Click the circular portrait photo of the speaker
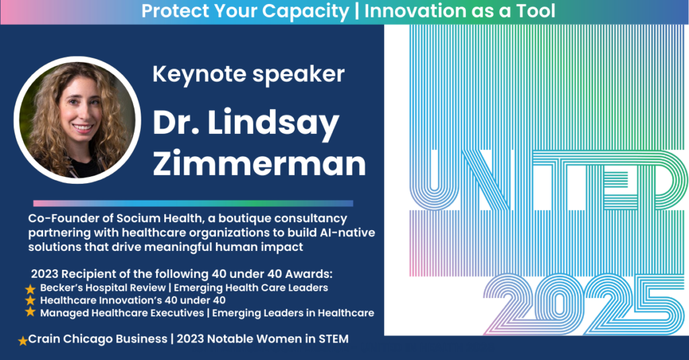point(77,120)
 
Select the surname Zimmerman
point(259,163)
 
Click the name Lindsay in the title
point(273,124)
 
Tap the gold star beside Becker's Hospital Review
point(30,289)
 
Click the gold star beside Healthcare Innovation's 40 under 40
point(30,301)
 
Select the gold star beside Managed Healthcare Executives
point(30,312)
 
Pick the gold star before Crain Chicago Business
point(23,340)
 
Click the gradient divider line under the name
point(193,203)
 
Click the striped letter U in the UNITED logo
point(434,180)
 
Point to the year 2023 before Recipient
point(44,274)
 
